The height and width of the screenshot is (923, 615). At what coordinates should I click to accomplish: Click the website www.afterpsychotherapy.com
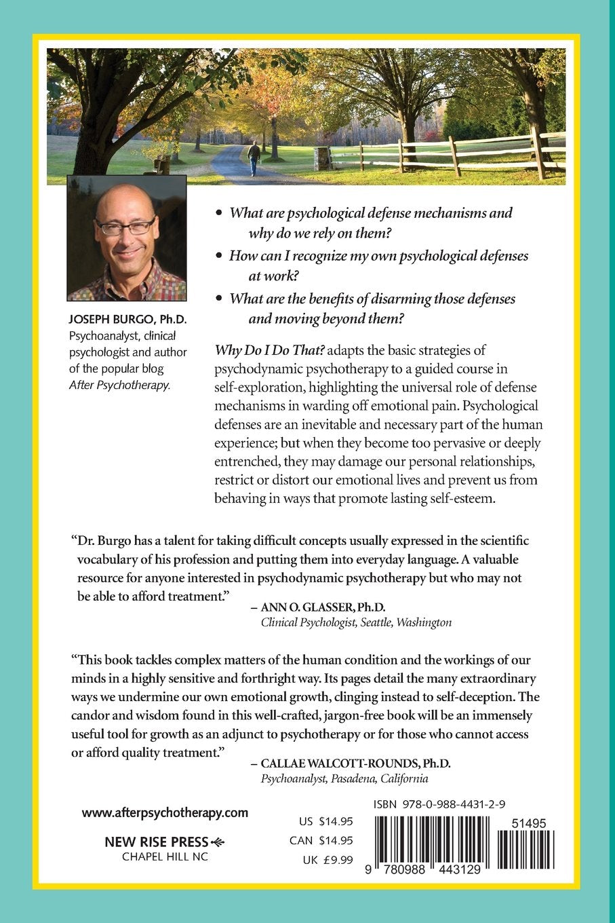point(165,812)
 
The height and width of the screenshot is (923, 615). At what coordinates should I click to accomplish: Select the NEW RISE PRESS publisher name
point(156,842)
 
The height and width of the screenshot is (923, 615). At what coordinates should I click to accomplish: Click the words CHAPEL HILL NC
point(165,856)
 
